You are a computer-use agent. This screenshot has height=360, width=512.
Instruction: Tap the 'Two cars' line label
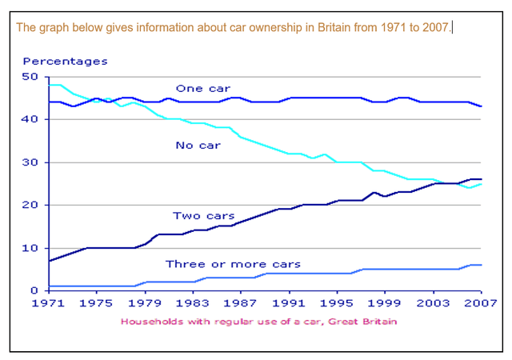point(204,216)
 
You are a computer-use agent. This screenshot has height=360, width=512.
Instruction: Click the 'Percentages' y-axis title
point(65,61)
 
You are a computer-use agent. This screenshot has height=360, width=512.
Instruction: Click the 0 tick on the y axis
point(34,290)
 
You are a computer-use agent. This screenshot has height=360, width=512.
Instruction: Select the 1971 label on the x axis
point(50,305)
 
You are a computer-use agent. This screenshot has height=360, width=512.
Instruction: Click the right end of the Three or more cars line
point(481,265)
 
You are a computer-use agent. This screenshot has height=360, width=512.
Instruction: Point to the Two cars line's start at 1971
point(50,261)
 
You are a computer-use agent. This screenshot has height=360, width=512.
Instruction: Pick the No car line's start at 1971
point(50,85)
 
